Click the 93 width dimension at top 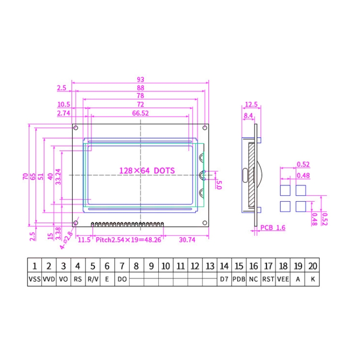[140, 79]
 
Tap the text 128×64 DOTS [147, 170]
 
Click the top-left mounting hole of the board [76, 128]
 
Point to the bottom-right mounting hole [205, 222]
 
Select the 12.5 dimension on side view [251, 105]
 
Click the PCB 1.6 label [273, 228]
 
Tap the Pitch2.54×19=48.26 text [128, 239]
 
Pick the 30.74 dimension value [186, 239]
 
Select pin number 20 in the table [313, 266]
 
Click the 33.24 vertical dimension [59, 177]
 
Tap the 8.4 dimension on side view [248, 116]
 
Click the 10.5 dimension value [64, 104]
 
